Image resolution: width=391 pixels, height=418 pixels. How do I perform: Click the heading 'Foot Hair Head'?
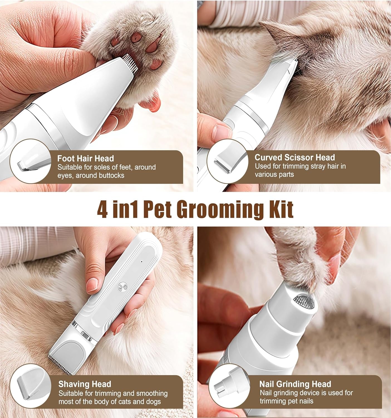pos(85,158)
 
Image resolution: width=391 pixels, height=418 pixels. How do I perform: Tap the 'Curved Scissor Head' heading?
pos(295,157)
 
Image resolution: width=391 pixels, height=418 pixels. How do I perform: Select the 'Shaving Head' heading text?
pos(85,384)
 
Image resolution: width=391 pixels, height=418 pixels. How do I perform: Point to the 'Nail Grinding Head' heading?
pos(295,384)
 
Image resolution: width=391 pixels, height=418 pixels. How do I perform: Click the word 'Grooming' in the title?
pos(220,210)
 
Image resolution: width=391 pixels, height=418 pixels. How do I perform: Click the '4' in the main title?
pos(102,209)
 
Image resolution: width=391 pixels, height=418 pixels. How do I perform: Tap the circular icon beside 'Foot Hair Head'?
pos(31,161)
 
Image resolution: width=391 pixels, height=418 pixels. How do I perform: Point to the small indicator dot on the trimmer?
pos(142,262)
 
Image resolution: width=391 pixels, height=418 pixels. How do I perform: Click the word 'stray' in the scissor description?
pos(318,166)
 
